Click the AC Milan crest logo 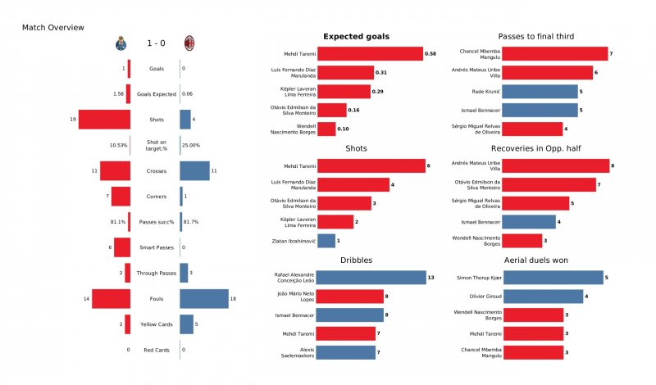(x=189, y=43)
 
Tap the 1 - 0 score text (x=156, y=43)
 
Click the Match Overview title (x=52, y=28)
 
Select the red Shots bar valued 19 (x=104, y=120)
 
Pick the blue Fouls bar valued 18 (x=203, y=299)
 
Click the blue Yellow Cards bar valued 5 (x=186, y=324)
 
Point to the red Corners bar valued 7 (x=121, y=197)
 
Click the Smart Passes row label (x=156, y=247)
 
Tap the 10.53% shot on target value (x=119, y=145)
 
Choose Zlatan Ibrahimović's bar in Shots (x=326, y=241)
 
